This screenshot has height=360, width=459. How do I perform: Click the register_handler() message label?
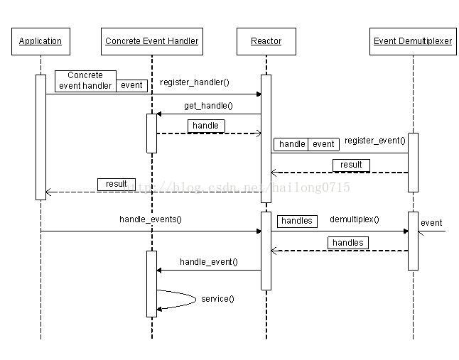point(195,82)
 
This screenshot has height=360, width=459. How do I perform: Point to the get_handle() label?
point(208,106)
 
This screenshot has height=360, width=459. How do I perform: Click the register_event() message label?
point(375,141)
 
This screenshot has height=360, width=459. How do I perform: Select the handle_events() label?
point(151,219)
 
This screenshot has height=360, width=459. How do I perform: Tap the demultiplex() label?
point(355,219)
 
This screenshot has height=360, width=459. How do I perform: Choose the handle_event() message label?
point(209,262)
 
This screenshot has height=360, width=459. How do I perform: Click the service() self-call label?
point(217,299)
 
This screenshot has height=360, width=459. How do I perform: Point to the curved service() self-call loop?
point(195,299)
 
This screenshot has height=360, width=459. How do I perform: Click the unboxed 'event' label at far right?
point(431,223)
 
